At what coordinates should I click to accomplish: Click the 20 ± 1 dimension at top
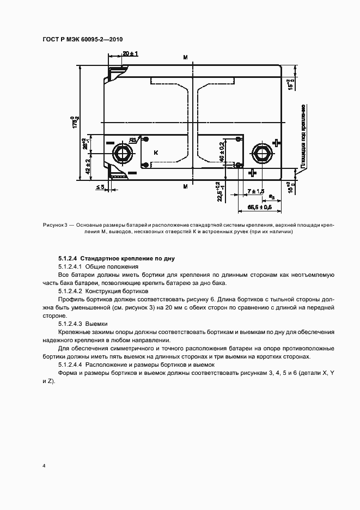tap(130, 53)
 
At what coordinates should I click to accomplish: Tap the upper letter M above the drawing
tap(186, 57)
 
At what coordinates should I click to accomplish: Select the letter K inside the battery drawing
tap(155, 154)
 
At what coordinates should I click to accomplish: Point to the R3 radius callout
tap(132, 139)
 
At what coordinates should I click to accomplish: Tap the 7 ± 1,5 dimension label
tap(255, 191)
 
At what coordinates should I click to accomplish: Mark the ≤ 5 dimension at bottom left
tap(101, 187)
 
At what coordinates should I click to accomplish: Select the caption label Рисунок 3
tap(54, 225)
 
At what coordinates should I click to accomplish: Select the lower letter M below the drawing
tap(186, 187)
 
